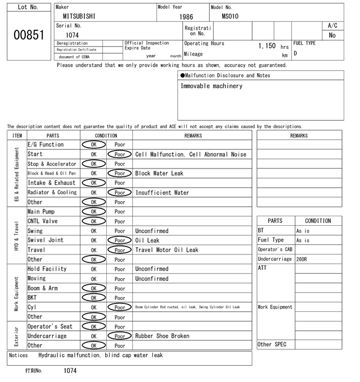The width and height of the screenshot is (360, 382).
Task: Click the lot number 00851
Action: click(28, 35)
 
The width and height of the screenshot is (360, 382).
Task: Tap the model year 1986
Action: click(186, 17)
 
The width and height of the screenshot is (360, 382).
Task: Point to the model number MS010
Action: click(230, 16)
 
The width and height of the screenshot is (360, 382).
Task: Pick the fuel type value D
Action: click(295, 53)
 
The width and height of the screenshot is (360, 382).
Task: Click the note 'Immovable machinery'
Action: click(211, 86)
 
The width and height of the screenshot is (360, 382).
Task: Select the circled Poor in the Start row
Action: click(120, 154)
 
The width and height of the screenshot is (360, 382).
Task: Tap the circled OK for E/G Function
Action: click(93, 145)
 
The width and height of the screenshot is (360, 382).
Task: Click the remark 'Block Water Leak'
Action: click(159, 174)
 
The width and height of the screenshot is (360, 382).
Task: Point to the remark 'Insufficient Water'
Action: click(163, 193)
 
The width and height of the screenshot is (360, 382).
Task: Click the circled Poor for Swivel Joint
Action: click(120, 240)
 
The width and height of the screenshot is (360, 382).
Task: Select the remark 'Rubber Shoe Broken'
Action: click(162, 336)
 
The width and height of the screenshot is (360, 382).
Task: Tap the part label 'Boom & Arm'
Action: click(42, 288)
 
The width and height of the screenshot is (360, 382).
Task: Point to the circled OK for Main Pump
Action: click(93, 212)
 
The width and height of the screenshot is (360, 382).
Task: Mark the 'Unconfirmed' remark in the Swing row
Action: click(151, 231)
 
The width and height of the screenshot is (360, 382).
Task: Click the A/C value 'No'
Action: click(332, 35)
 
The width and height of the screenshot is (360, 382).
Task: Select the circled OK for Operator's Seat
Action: click(93, 326)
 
